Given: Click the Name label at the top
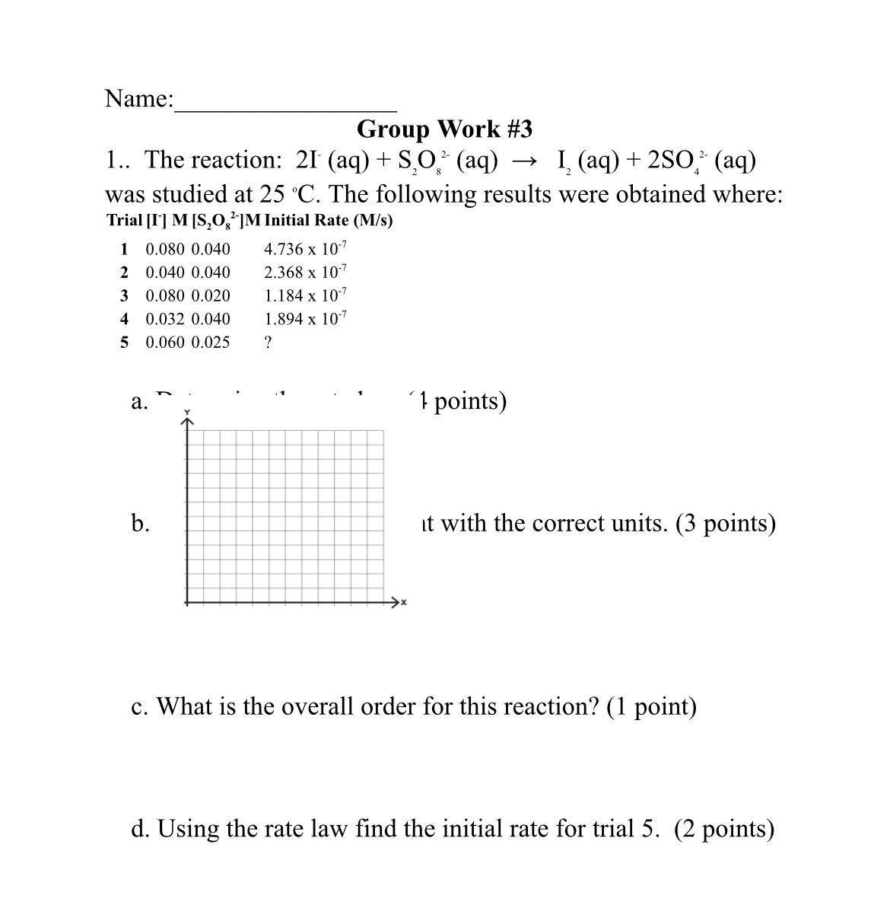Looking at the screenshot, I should tap(139, 98).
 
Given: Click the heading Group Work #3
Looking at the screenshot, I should tap(444, 129).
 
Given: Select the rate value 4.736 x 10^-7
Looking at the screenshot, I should tap(305, 249).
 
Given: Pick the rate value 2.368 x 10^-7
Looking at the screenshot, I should tap(305, 272).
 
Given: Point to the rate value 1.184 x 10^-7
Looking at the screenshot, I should tap(305, 295).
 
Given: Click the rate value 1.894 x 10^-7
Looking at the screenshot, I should tap(305, 318).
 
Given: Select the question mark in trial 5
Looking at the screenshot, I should tap(268, 342).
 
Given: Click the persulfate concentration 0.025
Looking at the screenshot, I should tap(211, 342).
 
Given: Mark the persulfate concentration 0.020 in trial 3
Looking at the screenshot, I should tap(211, 295).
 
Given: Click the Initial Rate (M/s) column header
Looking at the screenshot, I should tap(329, 221).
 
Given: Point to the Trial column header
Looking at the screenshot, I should tap(124, 221).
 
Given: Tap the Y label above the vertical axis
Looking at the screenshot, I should tap(187, 413).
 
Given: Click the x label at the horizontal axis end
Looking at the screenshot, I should tap(403, 603).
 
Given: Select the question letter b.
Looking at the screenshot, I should tap(140, 523).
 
